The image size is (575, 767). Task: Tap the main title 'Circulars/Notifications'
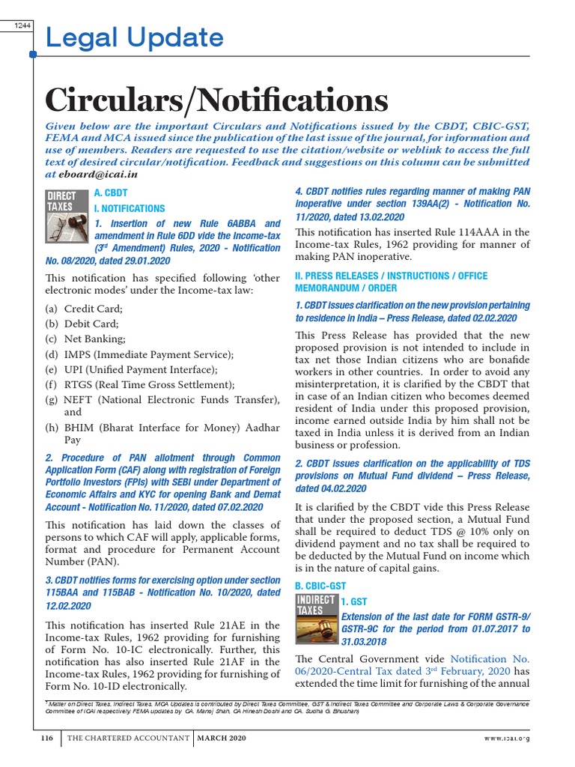point(216,100)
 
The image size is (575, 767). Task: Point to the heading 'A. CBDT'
point(111,194)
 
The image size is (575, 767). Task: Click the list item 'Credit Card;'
point(93,309)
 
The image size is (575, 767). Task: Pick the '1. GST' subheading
point(354,601)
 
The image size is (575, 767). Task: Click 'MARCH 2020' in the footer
point(222,739)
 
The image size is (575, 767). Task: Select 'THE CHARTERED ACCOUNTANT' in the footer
point(128,739)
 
